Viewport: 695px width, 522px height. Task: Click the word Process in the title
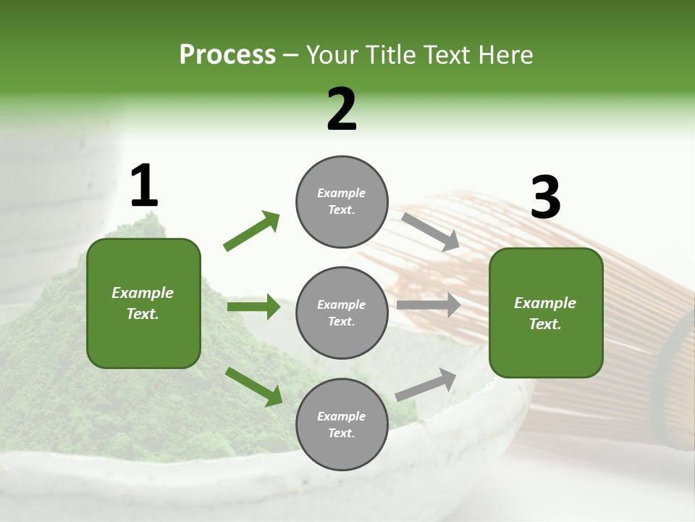[227, 55]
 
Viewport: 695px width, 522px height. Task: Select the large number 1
[143, 186]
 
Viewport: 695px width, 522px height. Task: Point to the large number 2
[342, 109]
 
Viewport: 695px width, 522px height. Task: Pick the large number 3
[545, 198]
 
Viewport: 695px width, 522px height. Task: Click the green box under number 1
[143, 303]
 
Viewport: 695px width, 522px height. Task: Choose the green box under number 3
[546, 313]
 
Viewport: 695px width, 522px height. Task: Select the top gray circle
[342, 202]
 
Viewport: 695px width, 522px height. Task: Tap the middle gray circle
[342, 313]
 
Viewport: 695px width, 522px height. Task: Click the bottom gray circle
[342, 424]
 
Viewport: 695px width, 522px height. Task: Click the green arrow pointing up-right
[252, 231]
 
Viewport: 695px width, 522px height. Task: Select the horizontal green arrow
[253, 307]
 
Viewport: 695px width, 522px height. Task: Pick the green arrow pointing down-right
[253, 386]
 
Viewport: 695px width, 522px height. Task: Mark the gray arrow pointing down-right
[430, 232]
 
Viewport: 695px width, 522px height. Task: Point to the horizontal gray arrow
[429, 305]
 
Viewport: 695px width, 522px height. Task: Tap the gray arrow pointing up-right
[426, 384]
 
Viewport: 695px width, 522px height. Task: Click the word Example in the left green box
[143, 293]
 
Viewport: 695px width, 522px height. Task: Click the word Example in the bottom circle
[342, 416]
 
